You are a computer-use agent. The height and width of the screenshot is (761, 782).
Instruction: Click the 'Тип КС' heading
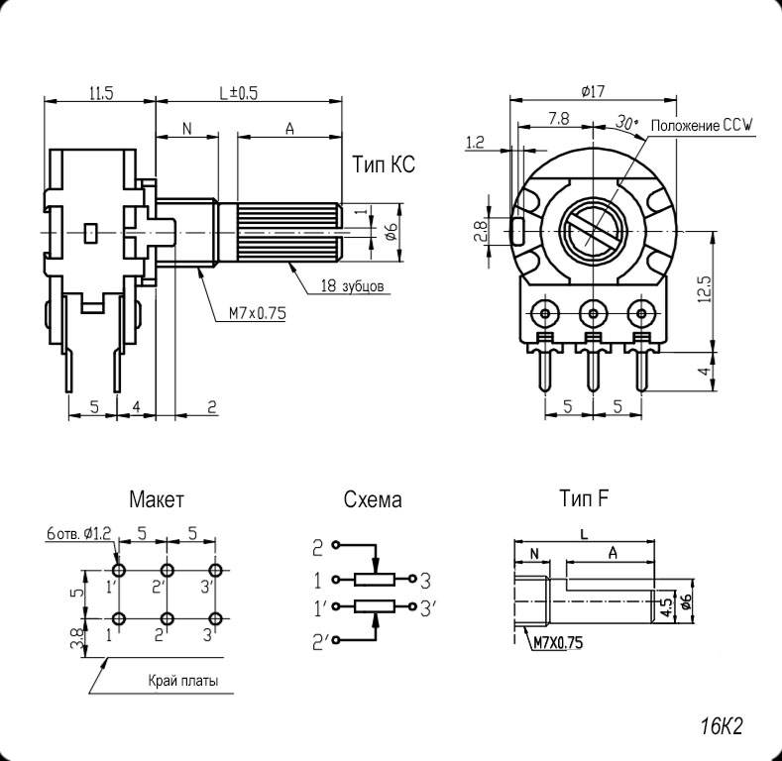coord(384,165)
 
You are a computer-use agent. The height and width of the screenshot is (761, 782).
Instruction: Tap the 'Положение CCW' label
coord(703,125)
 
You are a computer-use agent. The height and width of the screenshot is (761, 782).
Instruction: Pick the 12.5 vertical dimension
coord(705,291)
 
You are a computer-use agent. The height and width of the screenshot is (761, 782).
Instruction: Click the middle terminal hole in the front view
coord(593,315)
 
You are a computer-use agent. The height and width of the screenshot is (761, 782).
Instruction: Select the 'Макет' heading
coord(157,498)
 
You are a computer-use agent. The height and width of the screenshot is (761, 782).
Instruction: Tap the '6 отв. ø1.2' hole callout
coord(80,533)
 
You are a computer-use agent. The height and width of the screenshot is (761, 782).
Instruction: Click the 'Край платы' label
coord(183,681)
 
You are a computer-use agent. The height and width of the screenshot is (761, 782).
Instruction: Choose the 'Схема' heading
coord(373,499)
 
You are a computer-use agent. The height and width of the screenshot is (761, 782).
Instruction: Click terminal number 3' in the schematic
coord(427,606)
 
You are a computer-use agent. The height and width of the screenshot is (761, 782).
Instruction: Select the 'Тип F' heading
coord(583,497)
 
